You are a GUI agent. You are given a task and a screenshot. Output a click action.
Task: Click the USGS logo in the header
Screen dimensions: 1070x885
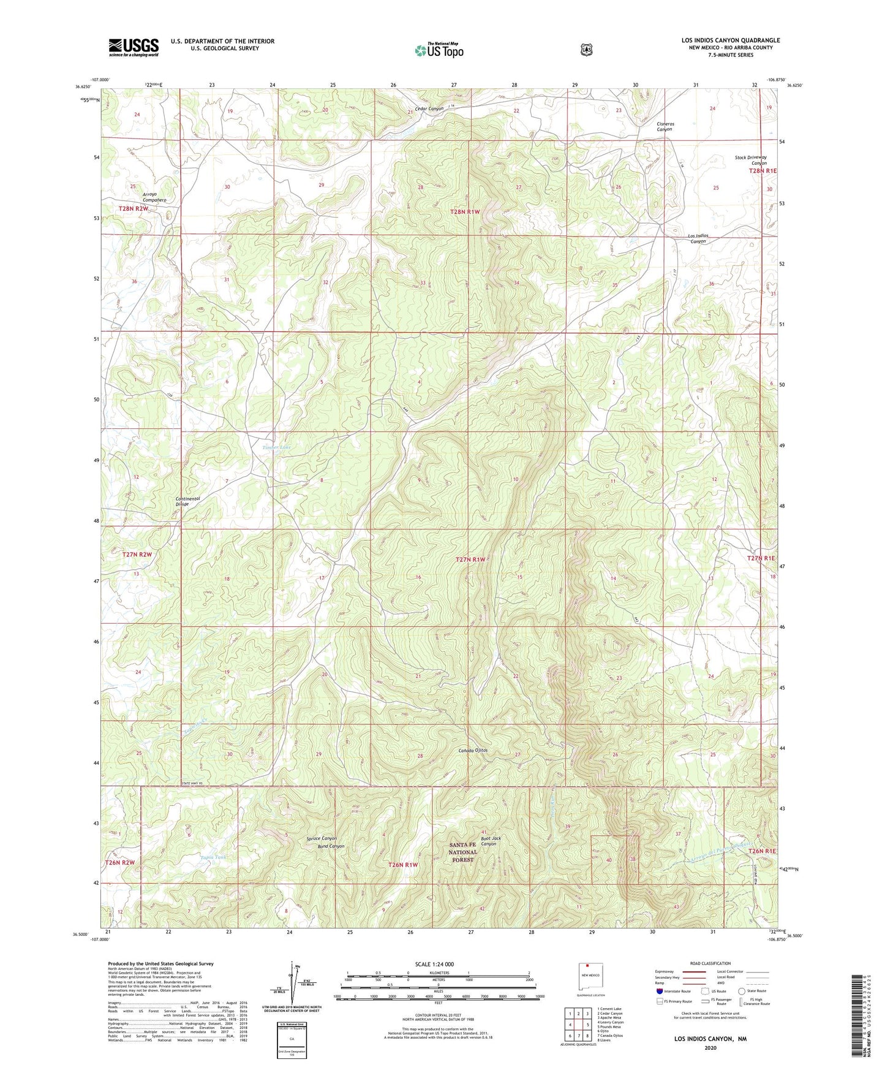[134, 47]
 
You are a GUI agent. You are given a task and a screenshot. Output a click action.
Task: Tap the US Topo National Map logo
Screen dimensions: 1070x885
[439, 50]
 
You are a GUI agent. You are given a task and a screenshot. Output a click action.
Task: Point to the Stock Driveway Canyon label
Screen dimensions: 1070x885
[750, 161]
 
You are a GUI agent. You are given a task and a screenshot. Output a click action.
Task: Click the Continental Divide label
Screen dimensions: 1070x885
[187, 501]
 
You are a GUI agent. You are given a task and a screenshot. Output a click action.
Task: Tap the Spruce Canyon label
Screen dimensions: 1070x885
[321, 838]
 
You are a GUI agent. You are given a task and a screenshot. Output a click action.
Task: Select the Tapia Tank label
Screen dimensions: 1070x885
[213, 857]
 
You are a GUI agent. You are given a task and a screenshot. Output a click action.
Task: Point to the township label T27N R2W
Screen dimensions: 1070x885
[137, 554]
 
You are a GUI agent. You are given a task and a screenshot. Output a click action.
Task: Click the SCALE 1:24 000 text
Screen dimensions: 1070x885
[434, 965]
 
